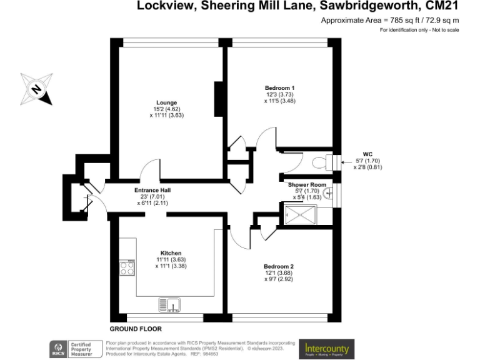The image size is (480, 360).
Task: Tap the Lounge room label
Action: point(166,102)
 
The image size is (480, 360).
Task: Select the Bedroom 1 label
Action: point(279,87)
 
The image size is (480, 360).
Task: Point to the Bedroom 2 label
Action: point(279,266)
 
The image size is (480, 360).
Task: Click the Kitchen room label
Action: point(171,253)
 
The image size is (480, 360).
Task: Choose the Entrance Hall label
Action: point(152,190)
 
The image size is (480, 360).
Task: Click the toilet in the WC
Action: point(321,162)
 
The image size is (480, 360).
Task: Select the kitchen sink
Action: point(170,305)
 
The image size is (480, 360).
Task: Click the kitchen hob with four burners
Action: point(127,267)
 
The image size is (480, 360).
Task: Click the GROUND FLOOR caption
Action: point(136,329)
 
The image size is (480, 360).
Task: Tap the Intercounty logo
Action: point(326,347)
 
